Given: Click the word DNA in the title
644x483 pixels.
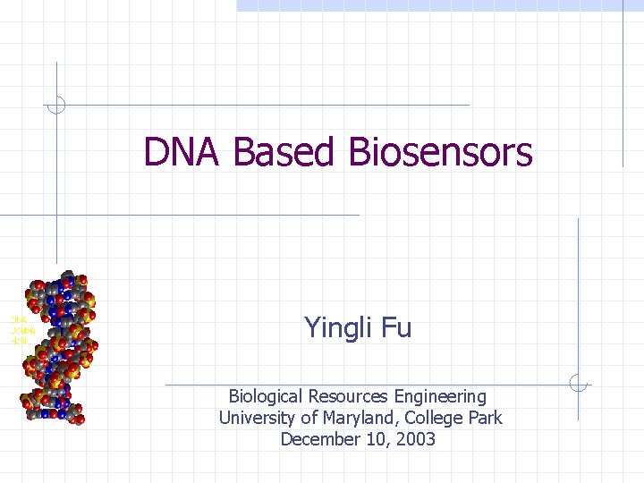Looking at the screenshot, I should [x=183, y=152].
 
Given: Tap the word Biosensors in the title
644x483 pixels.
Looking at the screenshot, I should [x=441, y=152].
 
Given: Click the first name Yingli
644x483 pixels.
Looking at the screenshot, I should [x=340, y=328].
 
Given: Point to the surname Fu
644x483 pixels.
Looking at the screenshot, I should [x=396, y=327].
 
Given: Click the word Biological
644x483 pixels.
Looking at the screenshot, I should [x=266, y=396].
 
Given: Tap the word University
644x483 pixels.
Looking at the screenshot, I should [x=257, y=418].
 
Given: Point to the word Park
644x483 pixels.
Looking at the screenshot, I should [x=485, y=418].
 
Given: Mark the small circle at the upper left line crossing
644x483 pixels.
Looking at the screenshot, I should [x=56, y=105].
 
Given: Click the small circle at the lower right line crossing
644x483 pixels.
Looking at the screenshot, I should [x=579, y=384].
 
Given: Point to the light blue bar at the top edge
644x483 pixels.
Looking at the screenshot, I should [x=438, y=5].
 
